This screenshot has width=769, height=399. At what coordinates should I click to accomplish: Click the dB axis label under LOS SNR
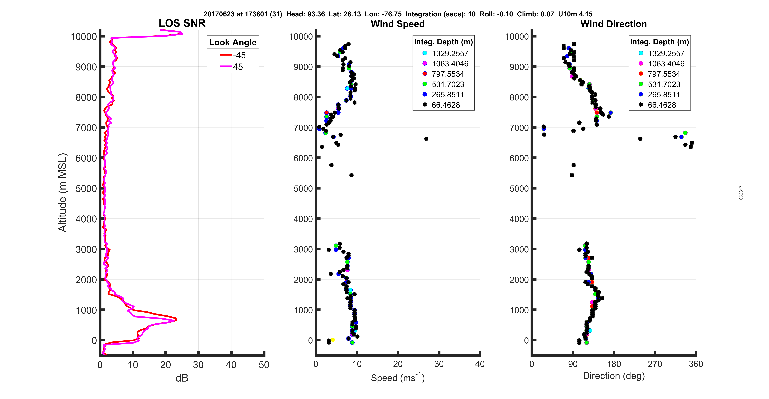coord(182,378)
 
